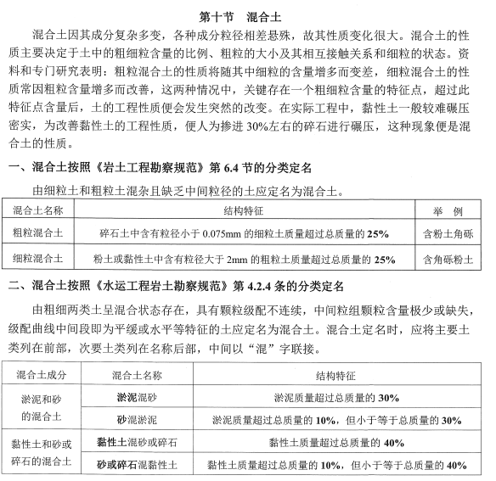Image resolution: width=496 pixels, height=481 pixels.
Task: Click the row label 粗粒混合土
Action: [38, 232]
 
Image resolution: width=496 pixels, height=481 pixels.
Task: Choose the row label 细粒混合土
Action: [38, 259]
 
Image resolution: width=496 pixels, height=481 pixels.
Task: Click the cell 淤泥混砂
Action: [135, 397]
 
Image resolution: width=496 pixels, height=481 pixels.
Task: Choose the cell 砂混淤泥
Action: [135, 419]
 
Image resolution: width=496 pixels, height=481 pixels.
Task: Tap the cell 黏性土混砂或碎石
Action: [135, 442]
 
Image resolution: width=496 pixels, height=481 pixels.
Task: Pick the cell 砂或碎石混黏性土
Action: [135, 465]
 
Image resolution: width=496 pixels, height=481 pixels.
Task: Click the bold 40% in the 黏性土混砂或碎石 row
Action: [392, 442]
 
